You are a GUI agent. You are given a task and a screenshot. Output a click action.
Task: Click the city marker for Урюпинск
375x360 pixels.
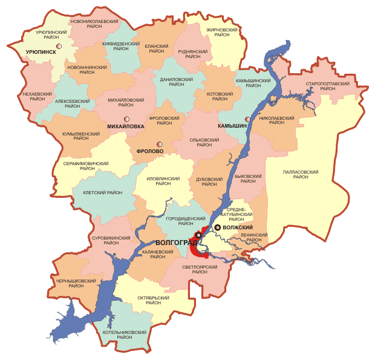[x=59, y=46]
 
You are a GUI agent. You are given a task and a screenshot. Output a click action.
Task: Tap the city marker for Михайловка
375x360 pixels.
[x=126, y=119]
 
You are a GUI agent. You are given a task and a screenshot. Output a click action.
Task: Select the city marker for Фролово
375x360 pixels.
[x=159, y=144]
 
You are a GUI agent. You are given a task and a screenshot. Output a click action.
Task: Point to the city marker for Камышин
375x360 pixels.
[x=247, y=119]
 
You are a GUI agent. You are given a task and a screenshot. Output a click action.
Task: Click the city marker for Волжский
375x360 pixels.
[x=218, y=227]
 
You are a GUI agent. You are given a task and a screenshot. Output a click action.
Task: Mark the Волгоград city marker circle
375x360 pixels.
[x=198, y=235]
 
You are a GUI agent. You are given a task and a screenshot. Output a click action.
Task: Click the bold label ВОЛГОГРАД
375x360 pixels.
[x=171, y=242]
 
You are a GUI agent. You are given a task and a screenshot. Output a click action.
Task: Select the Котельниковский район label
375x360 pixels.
[x=125, y=335]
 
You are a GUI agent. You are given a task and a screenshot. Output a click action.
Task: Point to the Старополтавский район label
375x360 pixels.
[x=328, y=85]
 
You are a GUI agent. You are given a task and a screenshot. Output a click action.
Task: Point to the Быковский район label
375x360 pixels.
[x=248, y=180]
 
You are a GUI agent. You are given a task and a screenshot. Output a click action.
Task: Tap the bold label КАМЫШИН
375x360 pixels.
[x=232, y=125]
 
